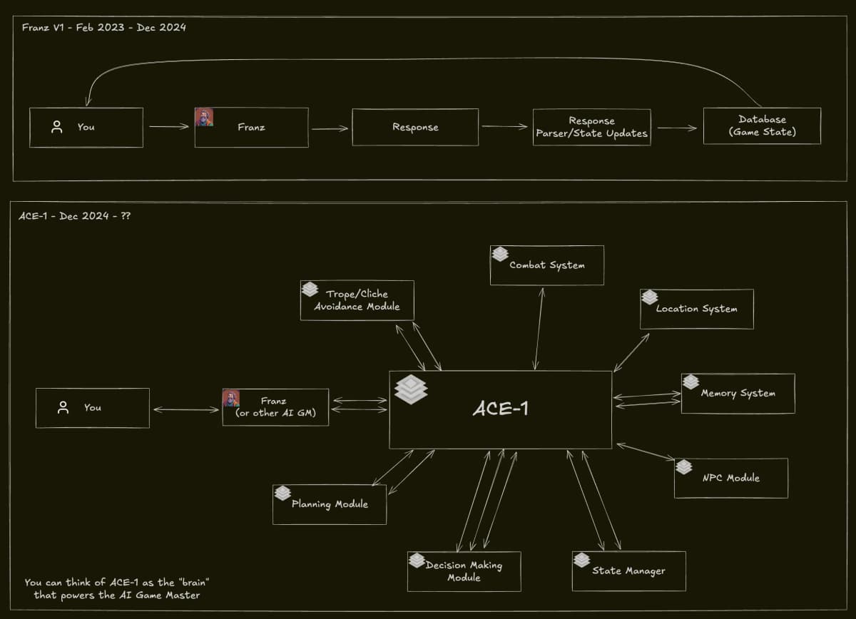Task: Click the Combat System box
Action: tap(547, 265)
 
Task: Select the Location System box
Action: tap(697, 309)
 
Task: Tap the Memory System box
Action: tap(738, 394)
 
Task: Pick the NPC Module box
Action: tap(731, 478)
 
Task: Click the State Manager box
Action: tap(628, 571)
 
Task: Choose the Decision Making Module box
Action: tap(464, 571)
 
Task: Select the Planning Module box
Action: tap(330, 504)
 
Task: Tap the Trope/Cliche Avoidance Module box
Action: tap(357, 300)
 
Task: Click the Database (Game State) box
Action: tap(762, 126)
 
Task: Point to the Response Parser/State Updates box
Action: tap(591, 127)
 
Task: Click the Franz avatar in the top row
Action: tap(204, 117)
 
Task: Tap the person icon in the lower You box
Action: tap(63, 408)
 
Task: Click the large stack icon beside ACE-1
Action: tap(411, 390)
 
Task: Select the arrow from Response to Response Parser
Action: tap(505, 127)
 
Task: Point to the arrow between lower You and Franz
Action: tap(185, 409)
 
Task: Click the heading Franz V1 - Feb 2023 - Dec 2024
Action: tap(103, 28)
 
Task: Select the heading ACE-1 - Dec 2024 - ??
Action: tap(74, 215)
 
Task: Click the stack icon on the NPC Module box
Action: tap(684, 467)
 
